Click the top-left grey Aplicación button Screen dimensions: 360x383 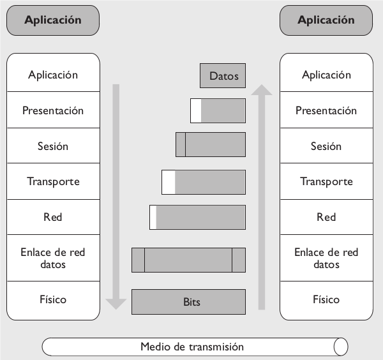tap(53, 20)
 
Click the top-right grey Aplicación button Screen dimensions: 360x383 tap(326, 20)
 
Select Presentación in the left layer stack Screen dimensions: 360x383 tap(53, 110)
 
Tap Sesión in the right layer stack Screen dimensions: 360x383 tap(326, 146)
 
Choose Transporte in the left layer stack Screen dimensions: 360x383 tap(53, 181)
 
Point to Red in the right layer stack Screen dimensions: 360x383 tap(326, 217)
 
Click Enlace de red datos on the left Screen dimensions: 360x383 tap(53, 258)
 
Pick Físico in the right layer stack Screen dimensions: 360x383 tap(326, 299)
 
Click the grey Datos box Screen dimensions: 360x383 tap(223, 76)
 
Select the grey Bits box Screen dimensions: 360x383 tap(188, 302)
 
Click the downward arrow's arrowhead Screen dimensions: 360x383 tap(116, 302)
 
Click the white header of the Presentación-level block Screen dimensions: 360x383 tap(195, 110)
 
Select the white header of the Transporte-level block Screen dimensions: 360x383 tap(168, 182)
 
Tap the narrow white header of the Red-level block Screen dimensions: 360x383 tap(153, 217)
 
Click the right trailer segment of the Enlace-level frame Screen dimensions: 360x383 tap(238, 260)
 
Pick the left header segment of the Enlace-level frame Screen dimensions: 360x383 tap(138, 260)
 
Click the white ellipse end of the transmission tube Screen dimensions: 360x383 tap(341, 347)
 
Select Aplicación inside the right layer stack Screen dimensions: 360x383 tap(326, 75)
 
